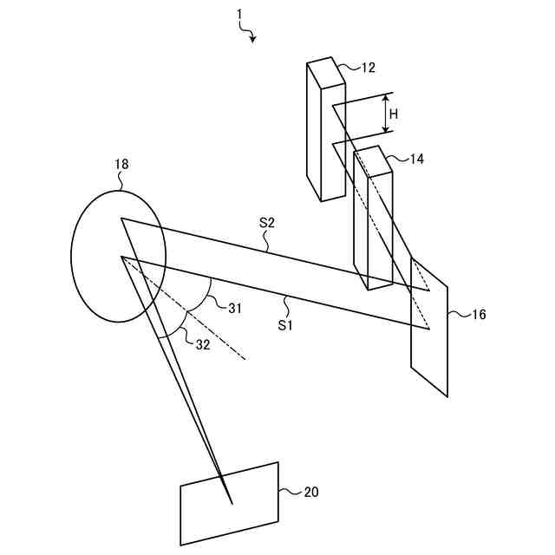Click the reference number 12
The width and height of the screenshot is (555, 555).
pyautogui.click(x=368, y=67)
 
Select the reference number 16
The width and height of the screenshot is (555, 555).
pyautogui.click(x=478, y=315)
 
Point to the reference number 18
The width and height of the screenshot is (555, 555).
pyautogui.click(x=121, y=164)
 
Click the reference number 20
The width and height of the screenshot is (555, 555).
pyautogui.click(x=310, y=492)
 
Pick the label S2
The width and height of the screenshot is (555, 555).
pyautogui.click(x=266, y=223)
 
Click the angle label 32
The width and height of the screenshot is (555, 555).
pyautogui.click(x=201, y=344)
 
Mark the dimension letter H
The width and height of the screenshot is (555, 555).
pyautogui.click(x=394, y=114)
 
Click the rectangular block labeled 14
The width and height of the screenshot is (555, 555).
pyautogui.click(x=372, y=221)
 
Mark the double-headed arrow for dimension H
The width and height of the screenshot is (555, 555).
pyautogui.click(x=386, y=113)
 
